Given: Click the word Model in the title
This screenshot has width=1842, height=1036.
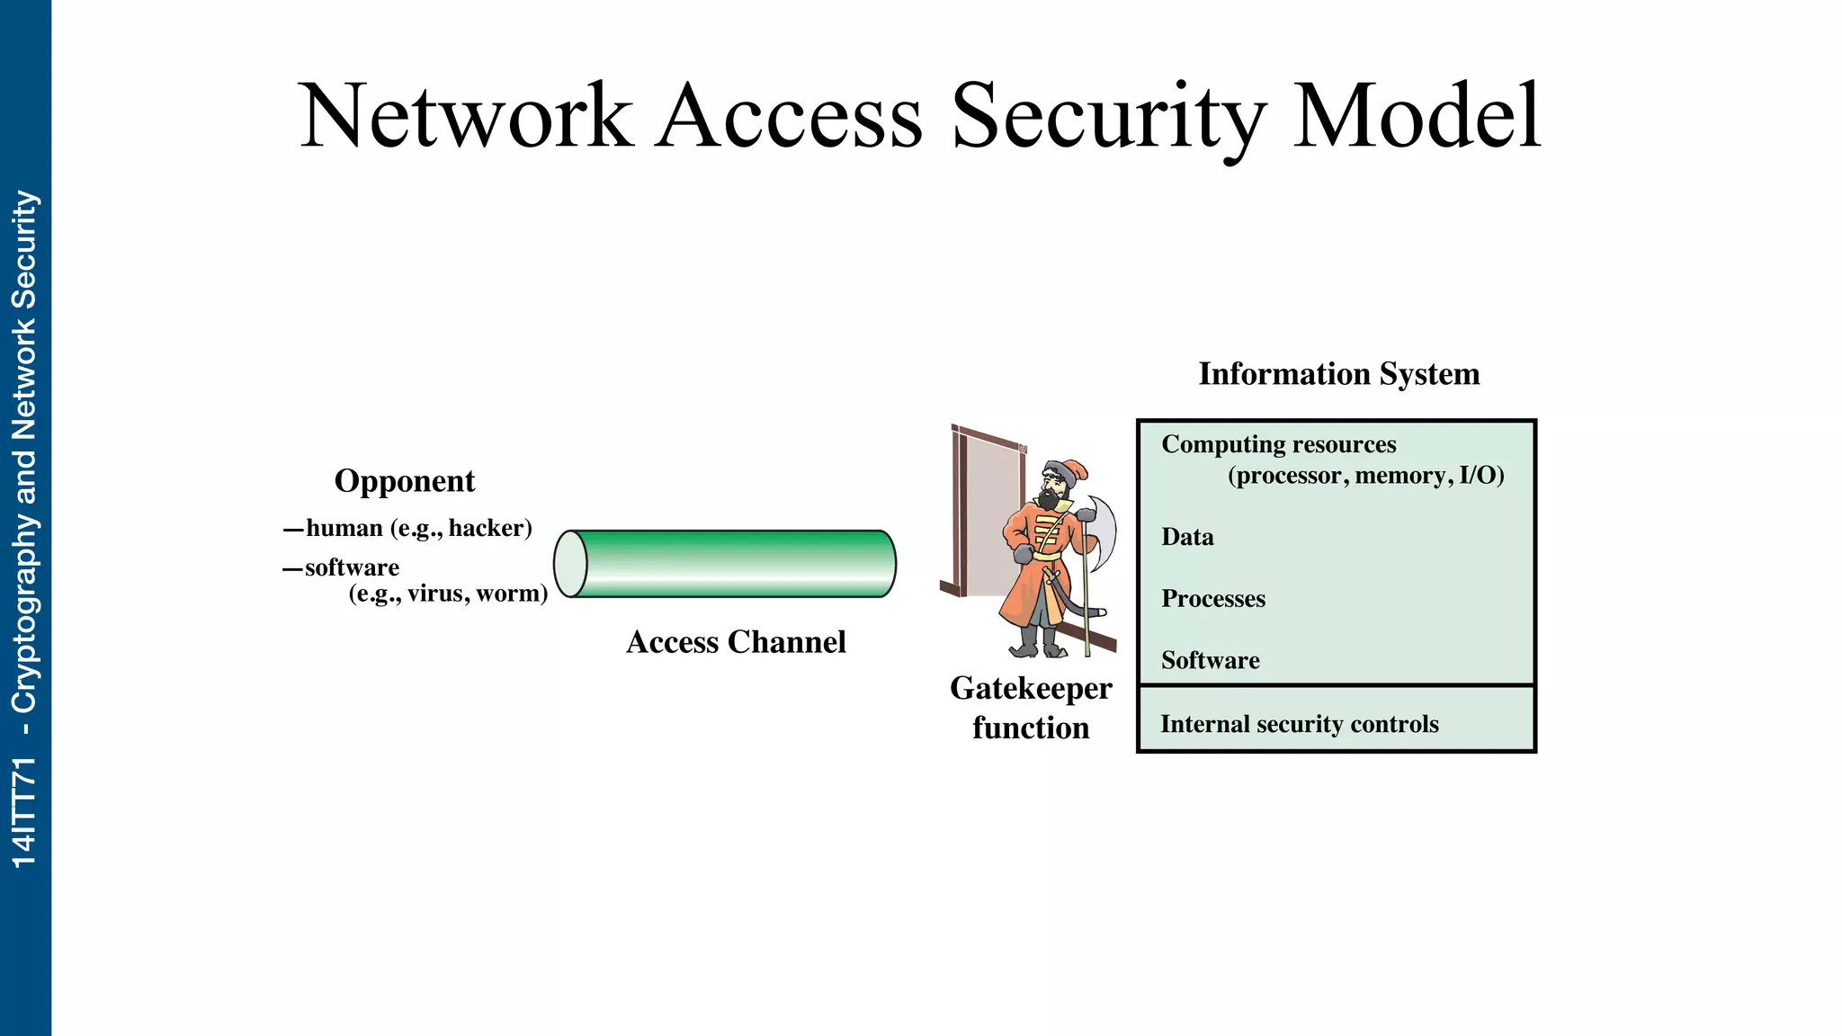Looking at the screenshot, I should tap(1417, 117).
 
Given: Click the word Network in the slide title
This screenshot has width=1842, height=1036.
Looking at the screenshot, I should tap(465, 117).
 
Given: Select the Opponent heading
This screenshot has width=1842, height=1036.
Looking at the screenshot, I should tap(404, 481).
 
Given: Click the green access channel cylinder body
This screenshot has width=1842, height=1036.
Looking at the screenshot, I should tap(733, 564).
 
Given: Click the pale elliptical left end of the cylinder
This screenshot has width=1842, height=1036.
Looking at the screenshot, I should tap(570, 564).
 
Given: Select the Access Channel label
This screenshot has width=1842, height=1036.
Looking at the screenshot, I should tap(736, 642).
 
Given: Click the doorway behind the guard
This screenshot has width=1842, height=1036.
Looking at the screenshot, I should tap(989, 513).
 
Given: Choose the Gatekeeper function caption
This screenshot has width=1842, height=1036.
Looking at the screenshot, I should tap(1031, 708).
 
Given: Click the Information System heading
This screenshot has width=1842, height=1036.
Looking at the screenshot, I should tap(1338, 374).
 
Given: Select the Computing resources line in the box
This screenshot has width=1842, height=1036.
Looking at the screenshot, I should tap(1278, 444).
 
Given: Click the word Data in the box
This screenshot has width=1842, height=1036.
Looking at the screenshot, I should tap(1187, 537).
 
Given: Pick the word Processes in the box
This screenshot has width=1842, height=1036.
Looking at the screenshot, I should tap(1212, 599).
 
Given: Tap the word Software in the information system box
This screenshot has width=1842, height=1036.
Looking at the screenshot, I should tap(1210, 660).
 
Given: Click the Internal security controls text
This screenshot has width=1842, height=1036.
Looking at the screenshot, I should tap(1299, 724).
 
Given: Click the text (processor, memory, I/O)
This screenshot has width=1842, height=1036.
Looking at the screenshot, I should tap(1365, 476).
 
